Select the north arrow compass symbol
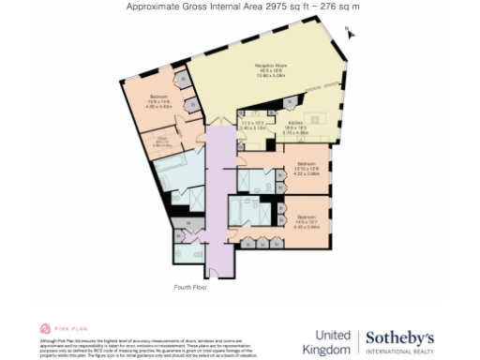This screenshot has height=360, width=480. (x=348, y=33)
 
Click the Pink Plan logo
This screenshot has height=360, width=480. (x=58, y=329)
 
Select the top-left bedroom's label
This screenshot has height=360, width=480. (x=160, y=101)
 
